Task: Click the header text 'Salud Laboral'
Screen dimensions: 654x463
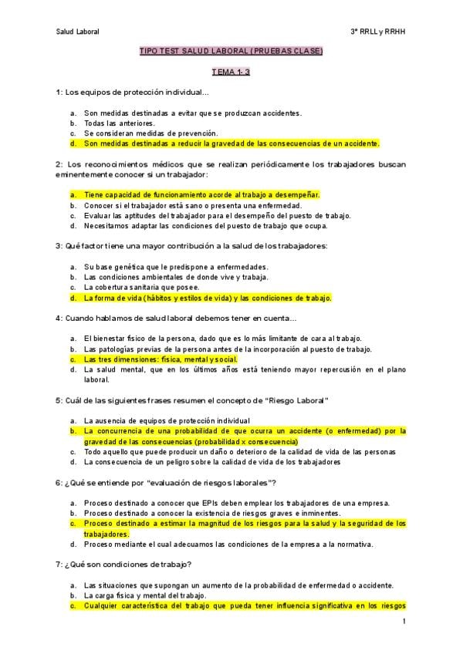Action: (78, 31)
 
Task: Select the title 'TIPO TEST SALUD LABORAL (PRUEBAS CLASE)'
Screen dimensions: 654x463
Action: (231, 52)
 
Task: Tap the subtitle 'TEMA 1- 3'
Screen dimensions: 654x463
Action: (231, 72)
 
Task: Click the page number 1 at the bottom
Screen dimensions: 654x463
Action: (404, 621)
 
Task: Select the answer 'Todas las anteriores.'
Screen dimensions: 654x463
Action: (120, 123)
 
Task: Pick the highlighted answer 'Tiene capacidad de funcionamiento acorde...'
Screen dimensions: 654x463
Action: (201, 195)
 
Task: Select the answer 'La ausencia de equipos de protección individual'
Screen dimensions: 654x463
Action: (167, 420)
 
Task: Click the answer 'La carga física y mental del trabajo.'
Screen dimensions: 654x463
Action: (145, 595)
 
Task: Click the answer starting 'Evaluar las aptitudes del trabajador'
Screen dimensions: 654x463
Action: (217, 215)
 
